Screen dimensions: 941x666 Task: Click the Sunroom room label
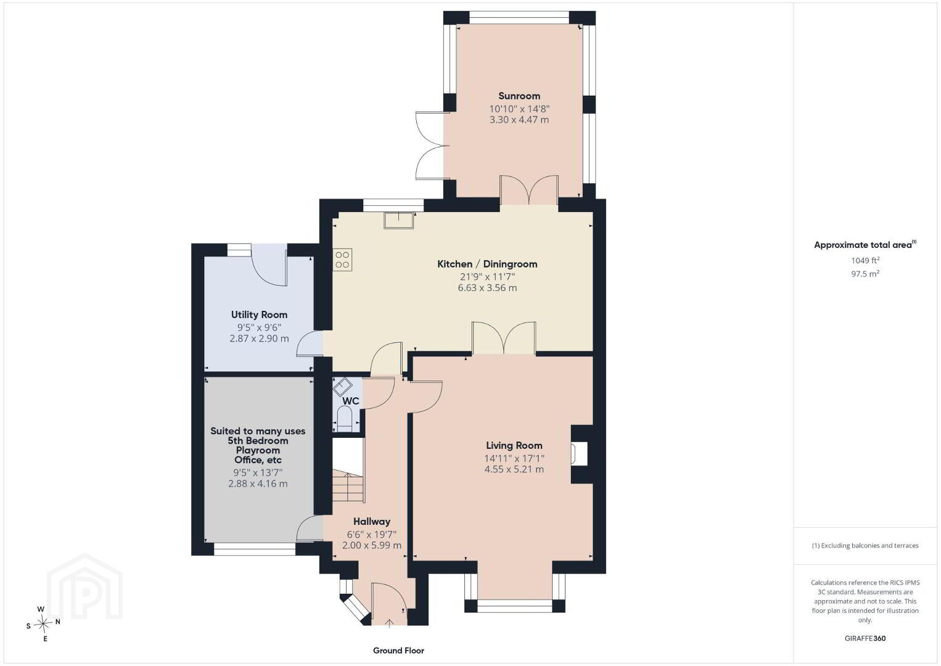click(x=519, y=96)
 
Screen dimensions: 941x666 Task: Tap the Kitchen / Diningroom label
click(x=487, y=264)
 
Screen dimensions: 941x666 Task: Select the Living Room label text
click(x=514, y=445)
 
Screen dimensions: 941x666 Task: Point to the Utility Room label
click(x=259, y=314)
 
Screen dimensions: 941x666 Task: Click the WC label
click(x=351, y=401)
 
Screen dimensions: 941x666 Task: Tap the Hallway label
click(x=372, y=522)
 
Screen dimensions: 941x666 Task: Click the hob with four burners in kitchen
click(x=342, y=259)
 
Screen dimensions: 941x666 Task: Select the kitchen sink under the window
click(x=399, y=221)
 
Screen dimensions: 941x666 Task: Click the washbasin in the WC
click(x=343, y=387)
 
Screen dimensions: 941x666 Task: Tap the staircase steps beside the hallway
click(x=348, y=487)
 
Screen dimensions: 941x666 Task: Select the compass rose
click(x=43, y=624)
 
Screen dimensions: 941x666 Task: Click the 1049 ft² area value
click(x=865, y=260)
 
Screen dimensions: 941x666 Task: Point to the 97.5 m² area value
click(x=865, y=274)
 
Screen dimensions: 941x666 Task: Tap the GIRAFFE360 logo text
click(x=865, y=638)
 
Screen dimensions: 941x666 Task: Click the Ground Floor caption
click(x=399, y=651)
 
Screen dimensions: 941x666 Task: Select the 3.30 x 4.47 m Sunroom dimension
click(x=519, y=120)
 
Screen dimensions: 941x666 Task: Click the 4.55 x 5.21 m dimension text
click(x=514, y=469)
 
